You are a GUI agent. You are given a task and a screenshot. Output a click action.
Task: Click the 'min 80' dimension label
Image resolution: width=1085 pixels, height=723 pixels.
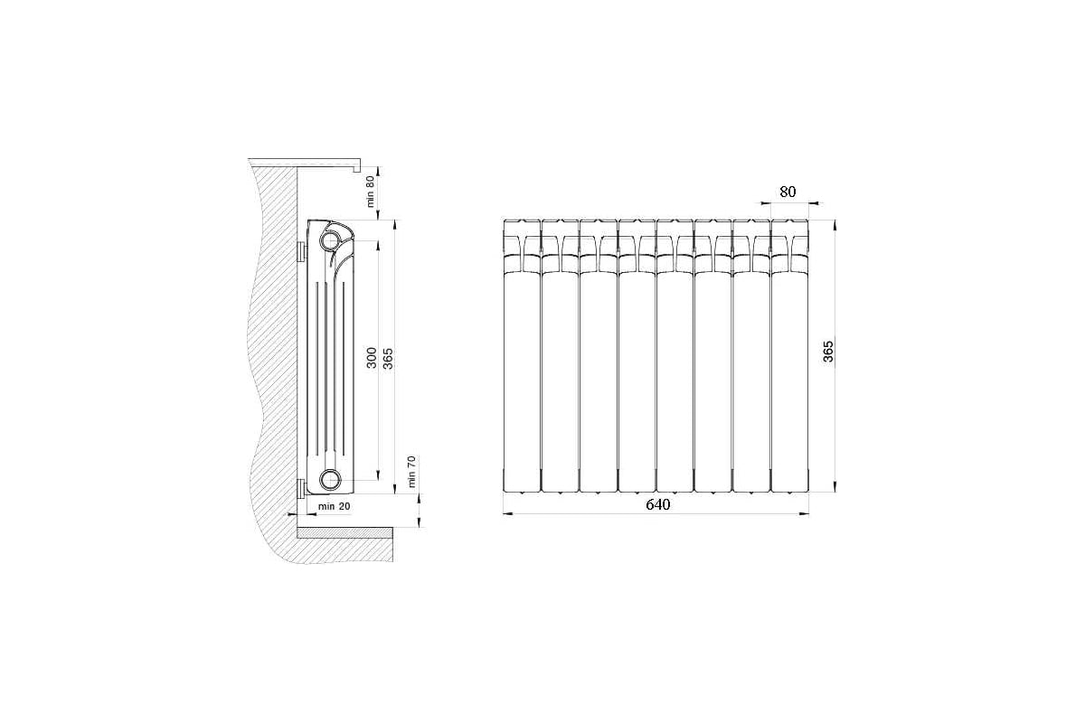(x=370, y=192)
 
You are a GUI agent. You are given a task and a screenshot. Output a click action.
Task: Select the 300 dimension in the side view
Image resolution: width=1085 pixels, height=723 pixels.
(x=371, y=358)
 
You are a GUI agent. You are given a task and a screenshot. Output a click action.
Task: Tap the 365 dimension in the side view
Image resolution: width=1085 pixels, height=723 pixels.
(x=388, y=358)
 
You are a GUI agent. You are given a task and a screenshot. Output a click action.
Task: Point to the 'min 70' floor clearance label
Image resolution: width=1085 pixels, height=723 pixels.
(x=410, y=472)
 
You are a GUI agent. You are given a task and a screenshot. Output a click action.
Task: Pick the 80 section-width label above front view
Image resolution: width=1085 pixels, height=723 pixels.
(x=788, y=192)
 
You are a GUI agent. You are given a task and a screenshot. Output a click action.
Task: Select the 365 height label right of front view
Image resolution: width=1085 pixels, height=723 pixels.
(x=828, y=352)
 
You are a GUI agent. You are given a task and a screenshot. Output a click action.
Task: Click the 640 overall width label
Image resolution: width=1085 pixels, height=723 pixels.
(x=657, y=504)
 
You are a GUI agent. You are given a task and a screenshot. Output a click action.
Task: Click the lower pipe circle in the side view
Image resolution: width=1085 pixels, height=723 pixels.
(x=330, y=479)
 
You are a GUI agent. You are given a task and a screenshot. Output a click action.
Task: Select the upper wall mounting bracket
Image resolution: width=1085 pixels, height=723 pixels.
(x=301, y=250)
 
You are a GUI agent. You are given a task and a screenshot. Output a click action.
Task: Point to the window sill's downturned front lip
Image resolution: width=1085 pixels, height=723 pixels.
(x=357, y=166)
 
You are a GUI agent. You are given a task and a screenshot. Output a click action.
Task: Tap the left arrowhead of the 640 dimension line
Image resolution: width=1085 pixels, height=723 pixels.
(x=507, y=513)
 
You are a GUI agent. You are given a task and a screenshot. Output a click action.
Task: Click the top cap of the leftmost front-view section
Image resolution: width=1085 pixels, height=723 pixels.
(x=522, y=226)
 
